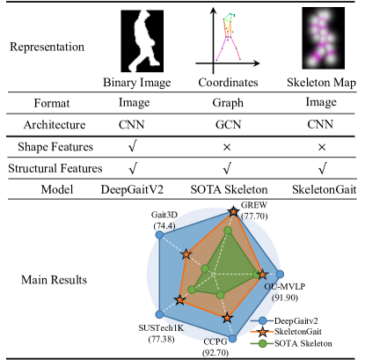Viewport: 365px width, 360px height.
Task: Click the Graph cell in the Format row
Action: pyautogui.click(x=230, y=103)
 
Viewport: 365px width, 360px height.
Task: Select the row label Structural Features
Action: pyautogui.click(x=52, y=166)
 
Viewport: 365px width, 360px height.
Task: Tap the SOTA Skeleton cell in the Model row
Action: pyautogui.click(x=230, y=188)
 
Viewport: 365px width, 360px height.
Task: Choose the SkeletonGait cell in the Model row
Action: pyautogui.click(x=320, y=188)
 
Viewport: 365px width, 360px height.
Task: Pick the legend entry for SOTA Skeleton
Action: pyautogui.click(x=308, y=343)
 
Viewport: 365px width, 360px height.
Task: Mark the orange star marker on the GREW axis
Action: pyautogui.click(x=233, y=212)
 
